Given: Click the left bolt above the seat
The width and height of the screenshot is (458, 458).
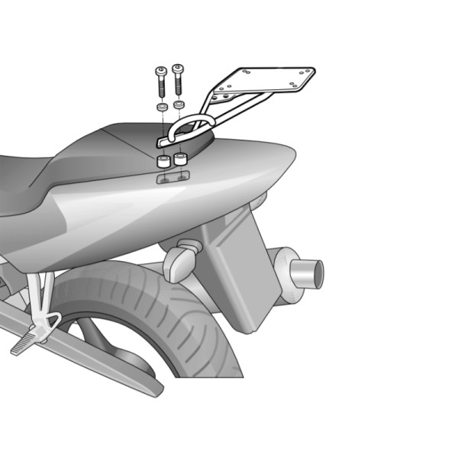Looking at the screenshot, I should [161, 80].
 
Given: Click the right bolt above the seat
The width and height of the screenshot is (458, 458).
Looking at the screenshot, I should [178, 78].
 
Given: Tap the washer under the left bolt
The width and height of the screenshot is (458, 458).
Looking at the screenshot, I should [162, 107].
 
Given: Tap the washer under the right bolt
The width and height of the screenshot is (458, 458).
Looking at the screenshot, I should [179, 104].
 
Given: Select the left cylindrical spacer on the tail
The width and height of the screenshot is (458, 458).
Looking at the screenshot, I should [163, 162].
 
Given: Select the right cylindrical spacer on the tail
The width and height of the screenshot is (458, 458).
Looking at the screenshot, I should [180, 160].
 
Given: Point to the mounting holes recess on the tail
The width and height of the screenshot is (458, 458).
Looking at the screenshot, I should [172, 178].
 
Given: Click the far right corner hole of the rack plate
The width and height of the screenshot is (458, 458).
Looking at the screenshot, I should [308, 73].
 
